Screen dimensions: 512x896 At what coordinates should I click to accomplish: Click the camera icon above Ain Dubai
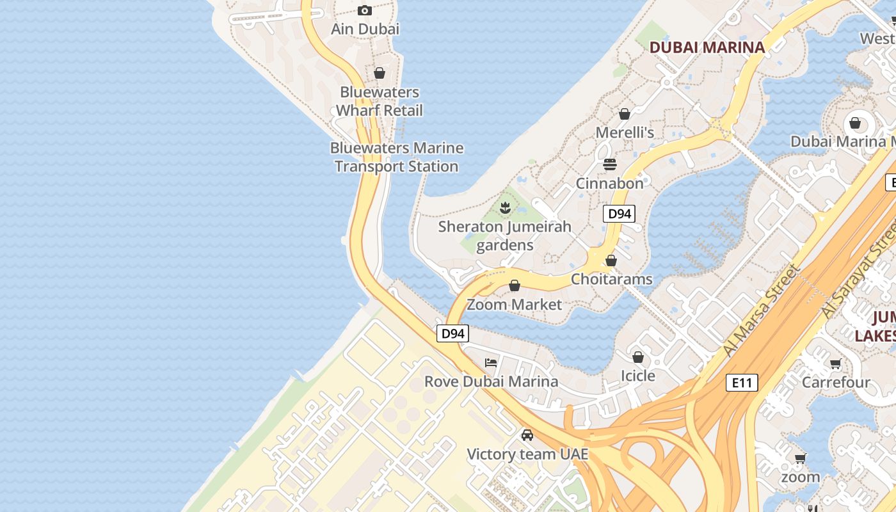click(x=365, y=10)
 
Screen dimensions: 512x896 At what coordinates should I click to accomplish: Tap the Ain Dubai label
click(x=365, y=29)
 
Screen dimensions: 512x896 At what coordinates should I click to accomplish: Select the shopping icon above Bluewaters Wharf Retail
click(x=380, y=73)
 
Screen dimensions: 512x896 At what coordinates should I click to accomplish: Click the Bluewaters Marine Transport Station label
click(x=396, y=157)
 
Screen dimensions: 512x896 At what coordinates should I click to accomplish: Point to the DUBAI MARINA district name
click(x=707, y=47)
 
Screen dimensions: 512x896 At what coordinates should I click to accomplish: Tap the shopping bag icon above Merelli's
click(x=625, y=114)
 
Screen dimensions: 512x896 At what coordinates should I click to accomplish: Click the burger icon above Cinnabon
click(x=609, y=164)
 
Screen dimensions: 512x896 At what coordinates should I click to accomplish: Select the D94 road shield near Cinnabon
click(x=619, y=214)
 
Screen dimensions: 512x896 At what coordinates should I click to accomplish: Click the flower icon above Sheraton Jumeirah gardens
click(x=505, y=207)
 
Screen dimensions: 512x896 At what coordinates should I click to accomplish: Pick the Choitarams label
click(x=611, y=279)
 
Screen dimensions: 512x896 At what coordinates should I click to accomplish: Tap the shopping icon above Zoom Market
click(x=515, y=285)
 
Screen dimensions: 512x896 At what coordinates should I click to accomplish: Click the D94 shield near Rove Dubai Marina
click(x=453, y=333)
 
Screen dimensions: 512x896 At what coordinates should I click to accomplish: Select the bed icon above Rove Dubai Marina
click(x=491, y=362)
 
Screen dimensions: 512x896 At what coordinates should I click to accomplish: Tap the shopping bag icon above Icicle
click(x=638, y=356)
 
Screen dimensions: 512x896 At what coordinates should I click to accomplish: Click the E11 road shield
click(x=742, y=383)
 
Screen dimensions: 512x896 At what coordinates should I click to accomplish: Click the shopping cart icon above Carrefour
click(x=835, y=364)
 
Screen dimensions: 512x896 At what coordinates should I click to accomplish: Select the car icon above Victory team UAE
click(x=527, y=435)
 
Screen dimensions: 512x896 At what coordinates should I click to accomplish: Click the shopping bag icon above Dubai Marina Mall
click(x=855, y=123)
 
